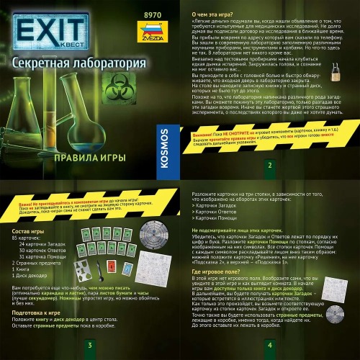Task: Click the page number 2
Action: (269, 165)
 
